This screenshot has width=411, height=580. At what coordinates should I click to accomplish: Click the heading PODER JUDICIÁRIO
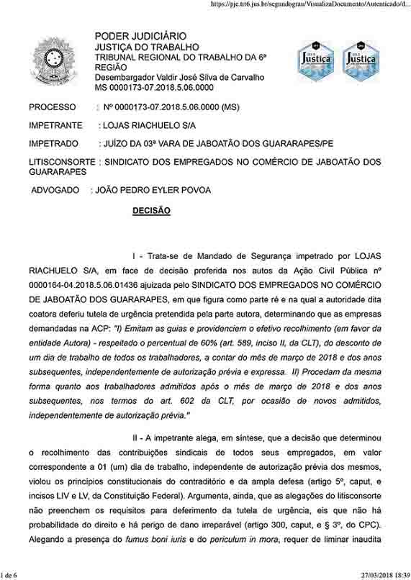140,36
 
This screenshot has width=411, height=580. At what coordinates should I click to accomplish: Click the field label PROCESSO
52,107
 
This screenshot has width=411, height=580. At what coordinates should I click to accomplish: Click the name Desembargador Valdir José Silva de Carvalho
179,77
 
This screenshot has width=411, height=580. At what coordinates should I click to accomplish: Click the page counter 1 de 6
11,574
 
